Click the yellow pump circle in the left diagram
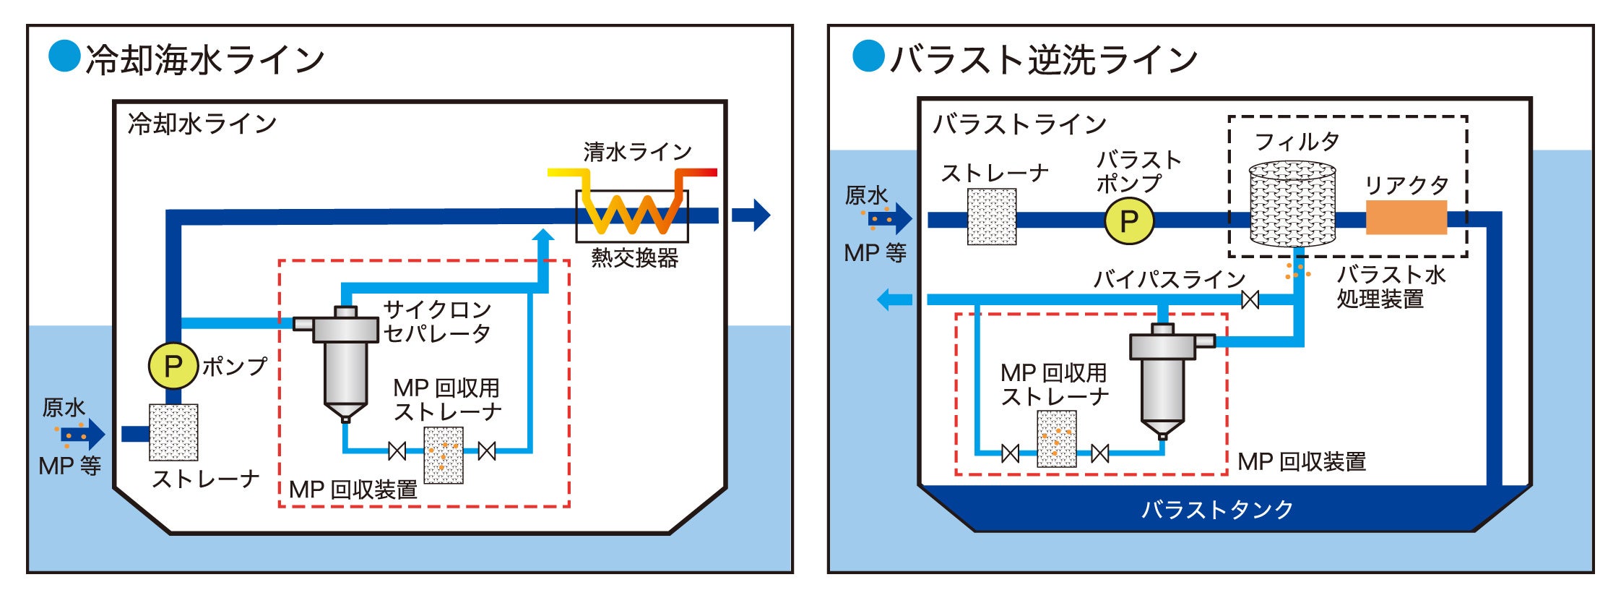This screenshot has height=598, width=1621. coord(173,366)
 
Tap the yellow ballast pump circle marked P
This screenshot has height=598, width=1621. coord(1128,221)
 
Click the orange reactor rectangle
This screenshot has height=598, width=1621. coord(1406,218)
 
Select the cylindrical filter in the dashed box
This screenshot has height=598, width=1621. coord(1292,204)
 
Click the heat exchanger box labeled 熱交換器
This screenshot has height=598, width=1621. coord(631,215)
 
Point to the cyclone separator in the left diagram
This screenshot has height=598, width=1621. coord(345,362)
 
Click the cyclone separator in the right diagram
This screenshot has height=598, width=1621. coord(1163,380)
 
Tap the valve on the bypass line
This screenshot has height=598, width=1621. coord(1250,299)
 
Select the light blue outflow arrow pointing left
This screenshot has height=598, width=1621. coord(894,299)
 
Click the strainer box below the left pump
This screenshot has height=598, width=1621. coord(173,432)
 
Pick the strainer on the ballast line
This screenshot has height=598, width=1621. coord(991,217)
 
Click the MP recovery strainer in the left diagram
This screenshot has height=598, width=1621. coord(443,455)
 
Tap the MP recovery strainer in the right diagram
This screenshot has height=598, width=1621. coord(1056,439)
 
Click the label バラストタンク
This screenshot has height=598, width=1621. coord(1216,510)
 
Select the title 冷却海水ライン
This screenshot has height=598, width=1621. coord(205,59)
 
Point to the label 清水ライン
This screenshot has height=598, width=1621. coord(637,152)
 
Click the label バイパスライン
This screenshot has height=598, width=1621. coord(1169,279)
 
